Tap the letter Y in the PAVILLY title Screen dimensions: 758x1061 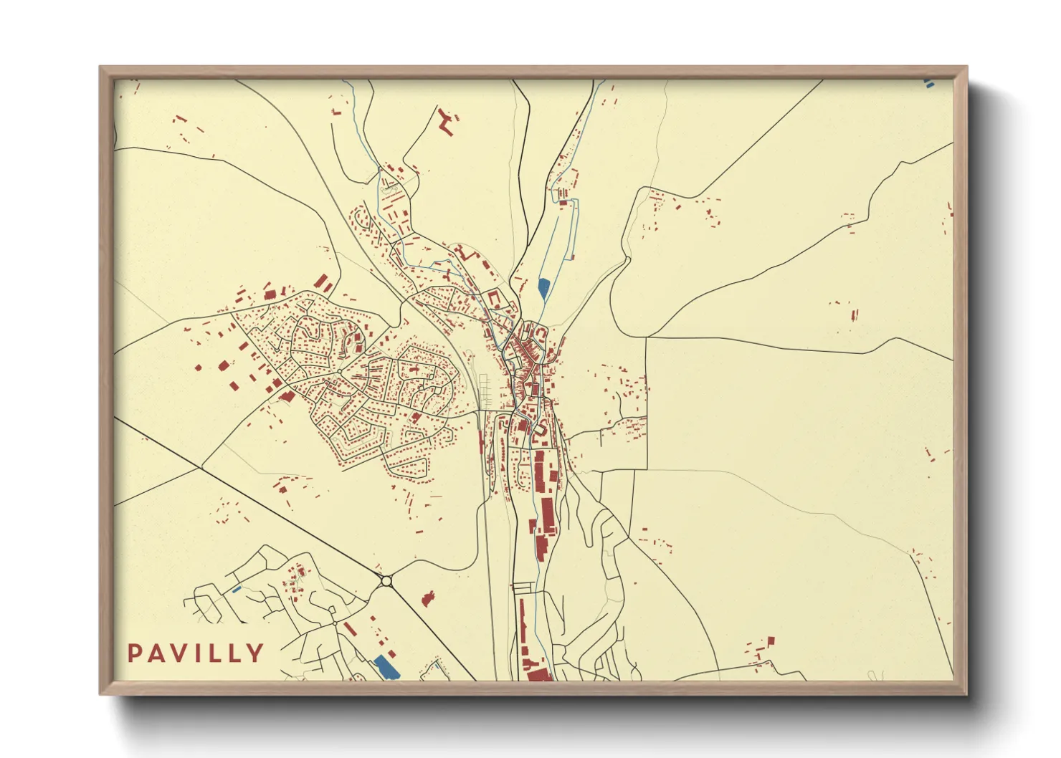(x=254, y=653)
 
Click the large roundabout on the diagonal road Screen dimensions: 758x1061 (x=387, y=581)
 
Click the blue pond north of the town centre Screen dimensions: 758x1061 (x=543, y=289)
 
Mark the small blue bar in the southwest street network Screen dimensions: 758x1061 (x=237, y=589)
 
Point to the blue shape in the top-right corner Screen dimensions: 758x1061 (x=929, y=83)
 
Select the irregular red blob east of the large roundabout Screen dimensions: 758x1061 (x=428, y=598)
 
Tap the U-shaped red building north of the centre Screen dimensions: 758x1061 (x=493, y=298)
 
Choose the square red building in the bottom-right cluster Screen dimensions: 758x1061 (x=771, y=641)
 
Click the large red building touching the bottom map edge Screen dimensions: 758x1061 (x=536, y=673)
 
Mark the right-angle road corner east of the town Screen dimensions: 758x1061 (x=647, y=339)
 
